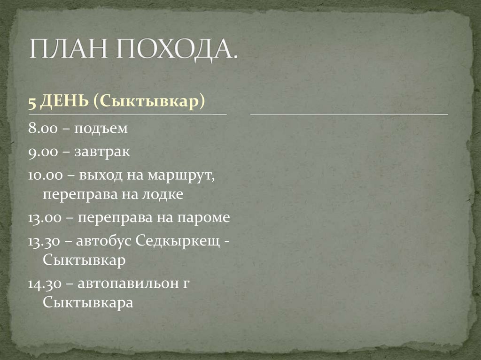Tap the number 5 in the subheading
click(31, 103)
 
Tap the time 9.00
click(40, 152)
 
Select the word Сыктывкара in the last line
click(88, 302)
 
